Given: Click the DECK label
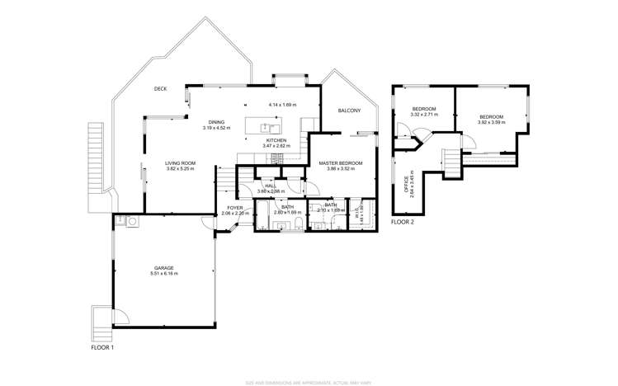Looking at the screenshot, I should pyautogui.click(x=160, y=88).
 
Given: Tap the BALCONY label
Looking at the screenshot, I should pyautogui.click(x=349, y=111).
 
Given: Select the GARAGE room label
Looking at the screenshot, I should pyautogui.click(x=163, y=267).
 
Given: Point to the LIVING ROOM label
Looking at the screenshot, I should pyautogui.click(x=179, y=163).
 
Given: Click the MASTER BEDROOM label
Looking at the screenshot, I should pyautogui.click(x=341, y=163).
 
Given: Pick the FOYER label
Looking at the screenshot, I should pyautogui.click(x=235, y=208).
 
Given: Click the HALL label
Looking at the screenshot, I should pyautogui.click(x=270, y=186).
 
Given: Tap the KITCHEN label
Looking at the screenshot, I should pyautogui.click(x=276, y=140).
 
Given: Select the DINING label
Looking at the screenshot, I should pyautogui.click(x=216, y=122).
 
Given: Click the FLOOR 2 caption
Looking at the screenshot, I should pyautogui.click(x=402, y=223).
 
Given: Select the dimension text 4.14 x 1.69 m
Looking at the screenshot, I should pyautogui.click(x=282, y=105).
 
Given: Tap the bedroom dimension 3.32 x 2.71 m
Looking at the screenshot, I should pyautogui.click(x=424, y=115).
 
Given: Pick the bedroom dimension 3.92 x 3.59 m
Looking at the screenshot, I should pyautogui.click(x=492, y=122).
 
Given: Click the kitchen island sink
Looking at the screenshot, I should pyautogui.click(x=267, y=127).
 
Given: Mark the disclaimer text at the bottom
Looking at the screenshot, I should pyautogui.click(x=309, y=382).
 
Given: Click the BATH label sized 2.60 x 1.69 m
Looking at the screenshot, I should pyautogui.click(x=286, y=207).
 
